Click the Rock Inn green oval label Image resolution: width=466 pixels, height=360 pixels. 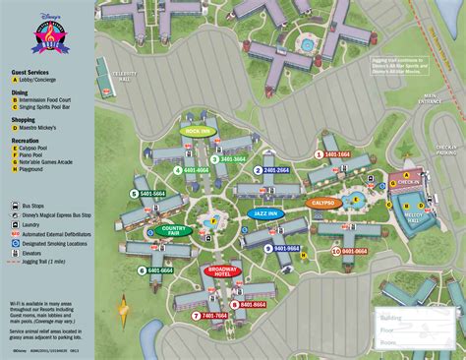[x=199, y=130]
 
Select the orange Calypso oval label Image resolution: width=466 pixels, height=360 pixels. [x=323, y=203]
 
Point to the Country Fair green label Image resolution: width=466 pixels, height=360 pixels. [x=173, y=231]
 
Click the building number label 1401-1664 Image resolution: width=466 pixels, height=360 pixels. [x=335, y=154]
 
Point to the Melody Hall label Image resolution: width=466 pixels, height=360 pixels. [x=412, y=217]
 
